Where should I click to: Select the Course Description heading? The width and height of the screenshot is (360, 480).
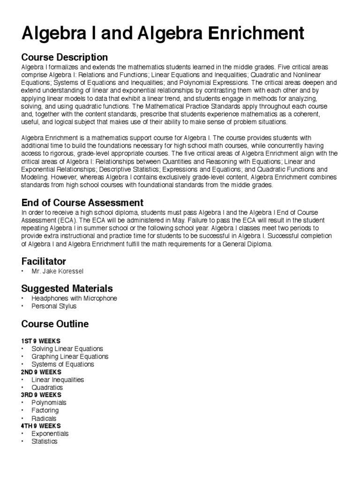(65, 58)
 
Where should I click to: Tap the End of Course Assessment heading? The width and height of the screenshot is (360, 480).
(82, 203)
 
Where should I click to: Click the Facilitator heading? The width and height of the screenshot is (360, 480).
(44, 261)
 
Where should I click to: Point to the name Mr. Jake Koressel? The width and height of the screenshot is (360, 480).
(59, 271)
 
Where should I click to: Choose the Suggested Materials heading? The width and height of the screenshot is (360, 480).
(67, 288)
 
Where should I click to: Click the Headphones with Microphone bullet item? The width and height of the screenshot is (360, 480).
(74, 298)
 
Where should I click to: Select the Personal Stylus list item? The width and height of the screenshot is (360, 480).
(54, 306)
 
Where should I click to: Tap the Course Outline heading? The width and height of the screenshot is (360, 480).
(55, 324)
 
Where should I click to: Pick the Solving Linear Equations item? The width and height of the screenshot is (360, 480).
(67, 349)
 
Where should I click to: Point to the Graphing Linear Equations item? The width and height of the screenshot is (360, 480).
(70, 356)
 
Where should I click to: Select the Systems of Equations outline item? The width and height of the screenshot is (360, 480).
(63, 364)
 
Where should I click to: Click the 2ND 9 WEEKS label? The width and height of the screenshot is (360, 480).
(41, 372)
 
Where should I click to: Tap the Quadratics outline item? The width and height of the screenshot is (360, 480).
(47, 388)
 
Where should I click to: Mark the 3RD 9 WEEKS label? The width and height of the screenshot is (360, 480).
(41, 395)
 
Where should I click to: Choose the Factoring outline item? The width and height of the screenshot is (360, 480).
(45, 411)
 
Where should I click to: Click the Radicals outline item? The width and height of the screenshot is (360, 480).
(44, 418)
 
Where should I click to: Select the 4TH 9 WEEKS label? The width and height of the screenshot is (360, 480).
(41, 426)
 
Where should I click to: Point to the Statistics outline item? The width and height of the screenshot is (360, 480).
(45, 441)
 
